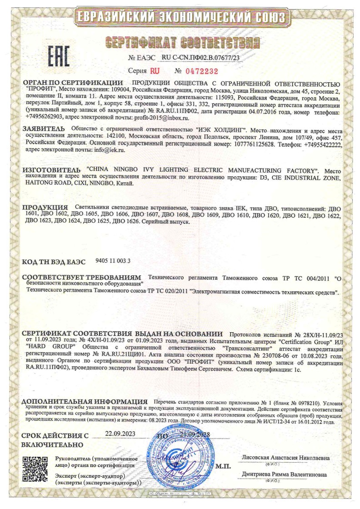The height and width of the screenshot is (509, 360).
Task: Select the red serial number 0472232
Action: [x=203, y=71]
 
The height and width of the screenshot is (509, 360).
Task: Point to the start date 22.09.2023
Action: [x=120, y=434]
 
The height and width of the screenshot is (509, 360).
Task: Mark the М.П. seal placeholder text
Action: [x=223, y=466]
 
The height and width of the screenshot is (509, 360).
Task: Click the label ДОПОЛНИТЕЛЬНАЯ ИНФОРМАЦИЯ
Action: [x=85, y=402]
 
